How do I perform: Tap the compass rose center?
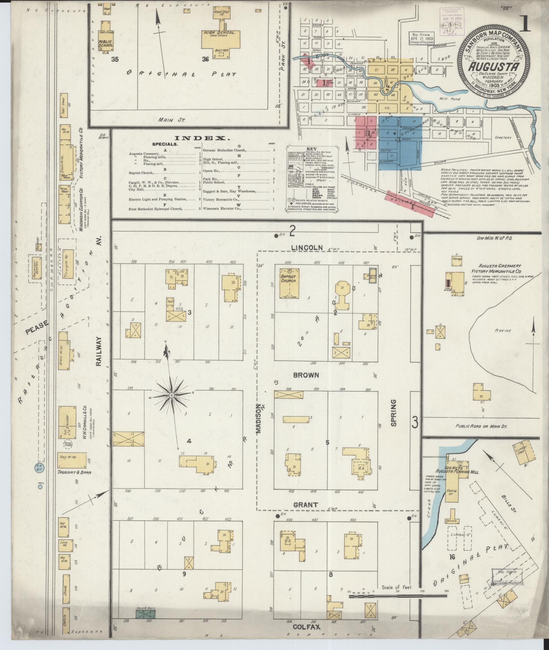171,395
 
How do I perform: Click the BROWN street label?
306,375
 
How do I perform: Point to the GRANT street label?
305,514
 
